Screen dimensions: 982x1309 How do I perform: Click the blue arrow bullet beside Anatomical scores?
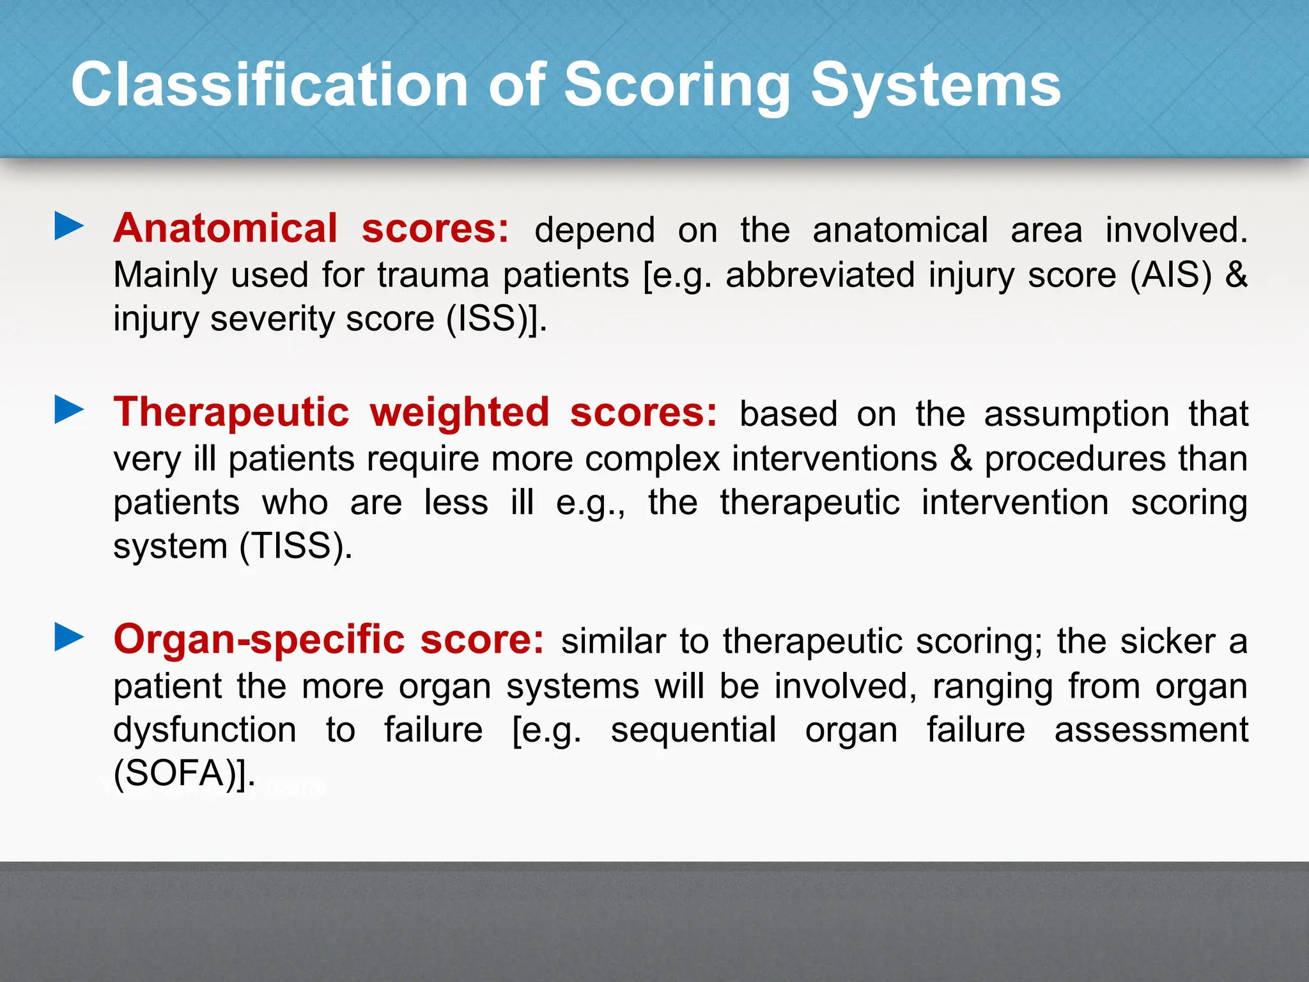(69, 226)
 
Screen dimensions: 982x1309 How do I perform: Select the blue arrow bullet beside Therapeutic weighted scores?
(69, 410)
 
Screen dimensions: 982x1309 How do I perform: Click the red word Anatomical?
(225, 228)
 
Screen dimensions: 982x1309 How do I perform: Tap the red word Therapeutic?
(231, 412)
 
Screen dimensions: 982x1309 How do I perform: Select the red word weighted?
(459, 412)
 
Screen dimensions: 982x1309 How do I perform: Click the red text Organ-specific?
(259, 639)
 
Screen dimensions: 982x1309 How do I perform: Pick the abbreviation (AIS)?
(1171, 275)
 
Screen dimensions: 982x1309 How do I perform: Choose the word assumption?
(1076, 414)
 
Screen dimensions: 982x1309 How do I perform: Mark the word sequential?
(693, 730)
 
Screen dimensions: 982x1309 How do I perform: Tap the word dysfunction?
(205, 730)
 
